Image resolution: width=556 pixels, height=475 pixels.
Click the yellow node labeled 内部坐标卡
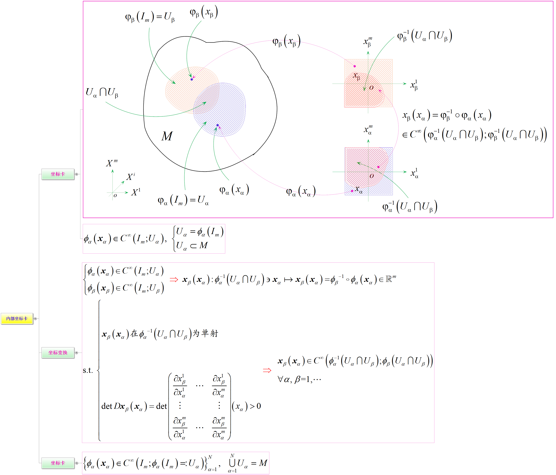(x=17, y=319)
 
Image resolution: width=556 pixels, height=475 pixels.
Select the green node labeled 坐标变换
(x=58, y=353)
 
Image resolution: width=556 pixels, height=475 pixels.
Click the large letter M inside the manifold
(x=167, y=136)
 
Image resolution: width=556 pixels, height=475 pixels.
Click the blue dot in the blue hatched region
(x=218, y=125)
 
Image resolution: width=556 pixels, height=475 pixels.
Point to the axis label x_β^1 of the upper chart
(x=414, y=85)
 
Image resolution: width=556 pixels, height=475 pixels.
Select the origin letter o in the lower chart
(x=372, y=176)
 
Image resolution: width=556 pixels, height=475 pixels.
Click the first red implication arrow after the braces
(x=174, y=280)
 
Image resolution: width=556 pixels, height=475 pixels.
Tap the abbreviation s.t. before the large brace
(x=88, y=370)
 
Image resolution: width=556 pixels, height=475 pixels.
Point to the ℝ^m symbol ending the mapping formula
(x=390, y=279)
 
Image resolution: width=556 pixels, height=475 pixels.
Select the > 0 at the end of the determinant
(x=255, y=406)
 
